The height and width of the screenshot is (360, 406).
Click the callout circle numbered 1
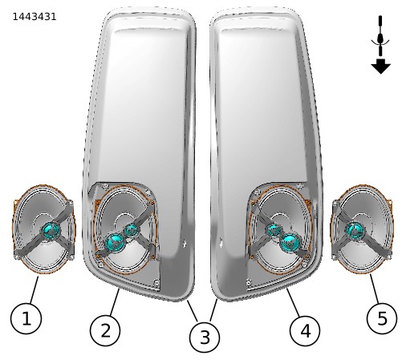point(26,318)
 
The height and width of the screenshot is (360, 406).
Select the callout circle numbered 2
point(105,330)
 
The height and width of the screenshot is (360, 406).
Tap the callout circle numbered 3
point(205,337)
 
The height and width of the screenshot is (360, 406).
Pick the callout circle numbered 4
point(305,331)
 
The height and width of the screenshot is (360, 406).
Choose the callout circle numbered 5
point(382,318)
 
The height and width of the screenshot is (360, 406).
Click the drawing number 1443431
point(35,17)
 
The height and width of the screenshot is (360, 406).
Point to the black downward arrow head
point(380,67)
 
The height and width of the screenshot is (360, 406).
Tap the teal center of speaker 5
point(355,230)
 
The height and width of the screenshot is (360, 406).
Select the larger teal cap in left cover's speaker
point(115,242)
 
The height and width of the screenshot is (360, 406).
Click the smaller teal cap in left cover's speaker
point(131,230)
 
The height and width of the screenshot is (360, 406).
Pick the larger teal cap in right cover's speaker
point(290,242)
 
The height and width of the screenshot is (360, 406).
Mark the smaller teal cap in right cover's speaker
point(274,230)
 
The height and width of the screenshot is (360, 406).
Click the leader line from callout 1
point(35,290)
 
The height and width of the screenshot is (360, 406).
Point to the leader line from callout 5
point(375,289)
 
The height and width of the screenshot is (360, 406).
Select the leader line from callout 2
point(115,302)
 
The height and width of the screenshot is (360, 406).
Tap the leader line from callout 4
point(294,302)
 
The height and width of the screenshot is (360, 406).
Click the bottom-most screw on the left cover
point(156,281)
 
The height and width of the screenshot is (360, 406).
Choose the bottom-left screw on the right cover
point(249,282)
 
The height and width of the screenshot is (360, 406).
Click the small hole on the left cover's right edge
point(184,243)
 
